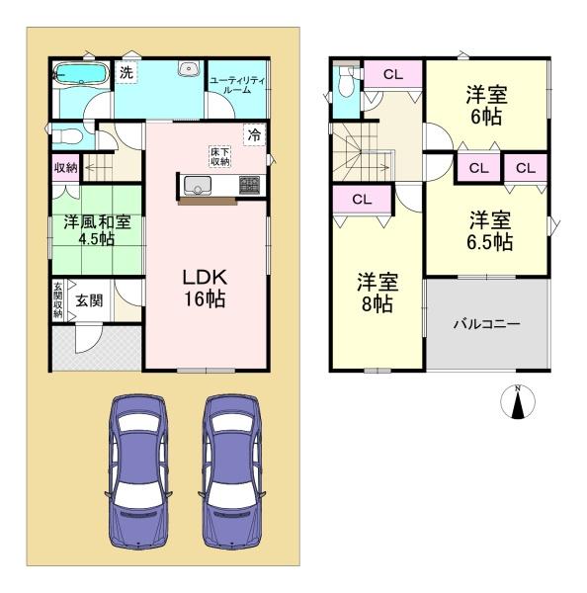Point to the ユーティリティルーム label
click(x=236, y=84)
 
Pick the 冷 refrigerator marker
click(x=254, y=135)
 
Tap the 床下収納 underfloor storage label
click(x=219, y=156)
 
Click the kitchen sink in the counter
click(x=195, y=185)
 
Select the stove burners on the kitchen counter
click(x=247, y=185)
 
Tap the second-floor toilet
click(x=344, y=89)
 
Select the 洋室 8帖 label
click(x=377, y=293)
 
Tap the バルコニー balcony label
click(x=486, y=323)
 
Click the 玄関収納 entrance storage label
click(x=56, y=300)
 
